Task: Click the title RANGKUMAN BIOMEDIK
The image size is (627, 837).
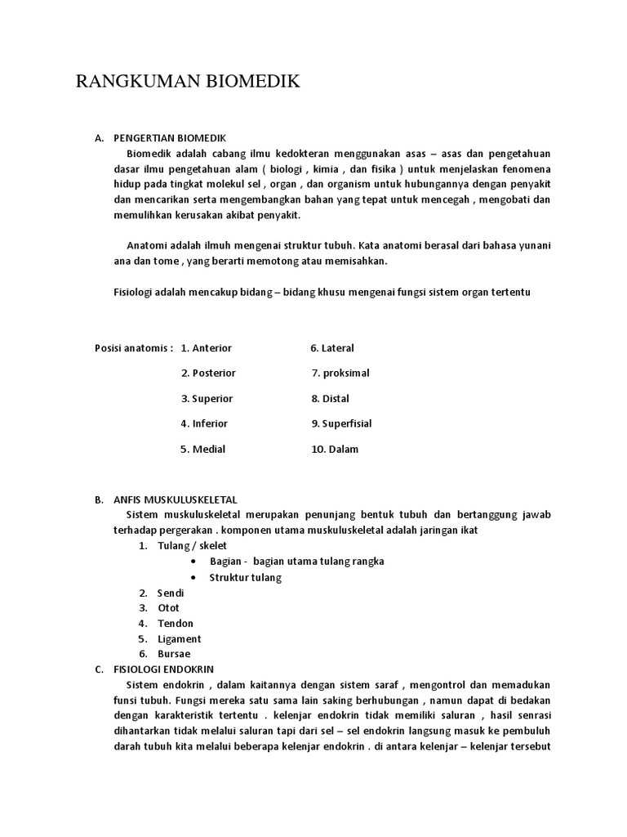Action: [x=189, y=82]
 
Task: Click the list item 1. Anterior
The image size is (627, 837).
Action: [x=207, y=348]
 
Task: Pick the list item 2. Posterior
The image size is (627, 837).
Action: [x=208, y=374]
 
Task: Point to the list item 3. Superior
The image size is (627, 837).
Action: [x=207, y=399]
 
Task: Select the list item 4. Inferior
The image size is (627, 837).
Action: [x=204, y=424]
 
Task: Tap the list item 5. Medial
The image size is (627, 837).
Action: [x=202, y=450]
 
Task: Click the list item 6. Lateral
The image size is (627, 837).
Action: [x=332, y=348]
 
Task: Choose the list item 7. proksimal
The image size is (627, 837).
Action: [x=340, y=374]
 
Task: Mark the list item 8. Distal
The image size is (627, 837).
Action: [x=330, y=399]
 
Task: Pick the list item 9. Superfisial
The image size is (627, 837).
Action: [x=341, y=424]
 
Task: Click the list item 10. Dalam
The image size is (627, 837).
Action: [x=335, y=450]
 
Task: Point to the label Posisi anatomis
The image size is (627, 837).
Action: [x=134, y=348]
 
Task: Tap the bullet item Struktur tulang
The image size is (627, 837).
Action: [x=245, y=577]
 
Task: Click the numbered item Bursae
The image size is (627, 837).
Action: [x=174, y=654]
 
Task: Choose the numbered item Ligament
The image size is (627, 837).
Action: [x=179, y=639]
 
